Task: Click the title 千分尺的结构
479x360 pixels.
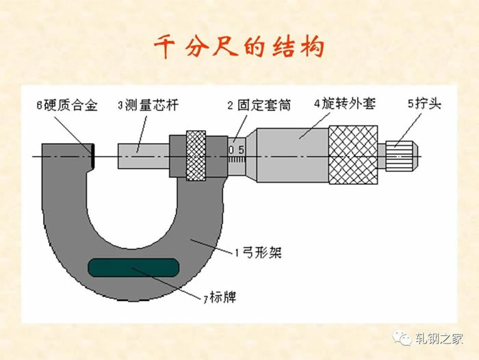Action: tap(239, 47)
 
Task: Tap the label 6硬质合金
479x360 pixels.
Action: tap(67, 105)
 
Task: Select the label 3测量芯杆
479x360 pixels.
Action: tap(148, 105)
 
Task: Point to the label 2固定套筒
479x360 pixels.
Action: tap(259, 105)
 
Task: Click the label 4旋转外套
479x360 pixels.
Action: tap(345, 103)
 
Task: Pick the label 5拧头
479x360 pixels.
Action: tap(425, 103)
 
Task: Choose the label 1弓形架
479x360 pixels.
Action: tap(258, 253)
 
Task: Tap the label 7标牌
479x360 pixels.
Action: tap(220, 297)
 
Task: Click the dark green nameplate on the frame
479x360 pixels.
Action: tap(133, 268)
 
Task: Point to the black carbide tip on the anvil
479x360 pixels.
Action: tap(92, 156)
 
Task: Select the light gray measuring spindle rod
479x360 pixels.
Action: tap(144, 156)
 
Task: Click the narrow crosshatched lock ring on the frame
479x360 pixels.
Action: tap(196, 156)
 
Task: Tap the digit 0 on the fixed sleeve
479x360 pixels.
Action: tap(231, 150)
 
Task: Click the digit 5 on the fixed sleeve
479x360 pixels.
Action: tap(242, 150)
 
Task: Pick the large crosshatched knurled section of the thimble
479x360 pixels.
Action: tap(353, 155)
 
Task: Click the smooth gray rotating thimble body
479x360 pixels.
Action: tap(293, 155)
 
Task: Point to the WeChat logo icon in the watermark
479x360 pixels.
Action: tap(402, 337)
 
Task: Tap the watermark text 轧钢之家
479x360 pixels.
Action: tap(439, 338)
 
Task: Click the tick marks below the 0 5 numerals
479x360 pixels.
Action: tap(237, 159)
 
